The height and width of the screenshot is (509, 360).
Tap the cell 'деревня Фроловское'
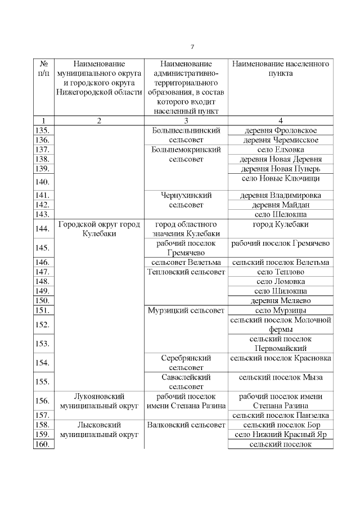[281, 130]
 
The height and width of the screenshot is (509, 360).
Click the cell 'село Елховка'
[281, 150]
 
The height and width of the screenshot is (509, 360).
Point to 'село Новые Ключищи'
[281, 178]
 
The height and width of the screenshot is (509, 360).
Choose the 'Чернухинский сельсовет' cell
[186, 200]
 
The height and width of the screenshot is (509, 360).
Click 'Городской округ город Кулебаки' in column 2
[99, 229]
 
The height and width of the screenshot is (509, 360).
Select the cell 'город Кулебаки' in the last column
[281, 224]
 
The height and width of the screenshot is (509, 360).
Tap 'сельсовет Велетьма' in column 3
[186, 263]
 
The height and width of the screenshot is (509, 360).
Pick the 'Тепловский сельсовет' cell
[186, 272]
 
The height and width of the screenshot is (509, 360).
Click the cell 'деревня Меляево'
[281, 301]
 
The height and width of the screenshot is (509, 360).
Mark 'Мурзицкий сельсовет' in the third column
[186, 310]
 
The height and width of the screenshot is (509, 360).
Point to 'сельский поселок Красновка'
[281, 358]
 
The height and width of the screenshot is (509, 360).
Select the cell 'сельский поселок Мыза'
[281, 379]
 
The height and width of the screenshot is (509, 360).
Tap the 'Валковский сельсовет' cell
[186, 425]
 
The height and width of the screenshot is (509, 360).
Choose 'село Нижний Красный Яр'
[281, 435]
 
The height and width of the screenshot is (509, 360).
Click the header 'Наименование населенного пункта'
[281, 69]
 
